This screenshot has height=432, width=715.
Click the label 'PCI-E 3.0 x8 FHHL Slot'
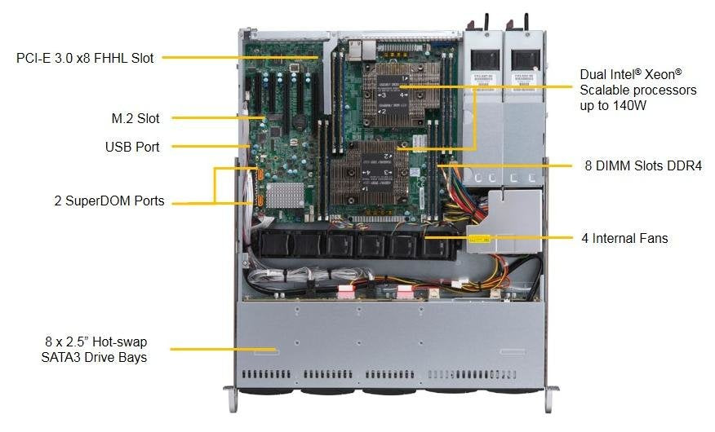click(85, 58)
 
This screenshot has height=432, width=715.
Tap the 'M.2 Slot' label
click(135, 118)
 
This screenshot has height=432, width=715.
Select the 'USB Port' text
click(132, 148)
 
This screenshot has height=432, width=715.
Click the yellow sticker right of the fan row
click(479, 240)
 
